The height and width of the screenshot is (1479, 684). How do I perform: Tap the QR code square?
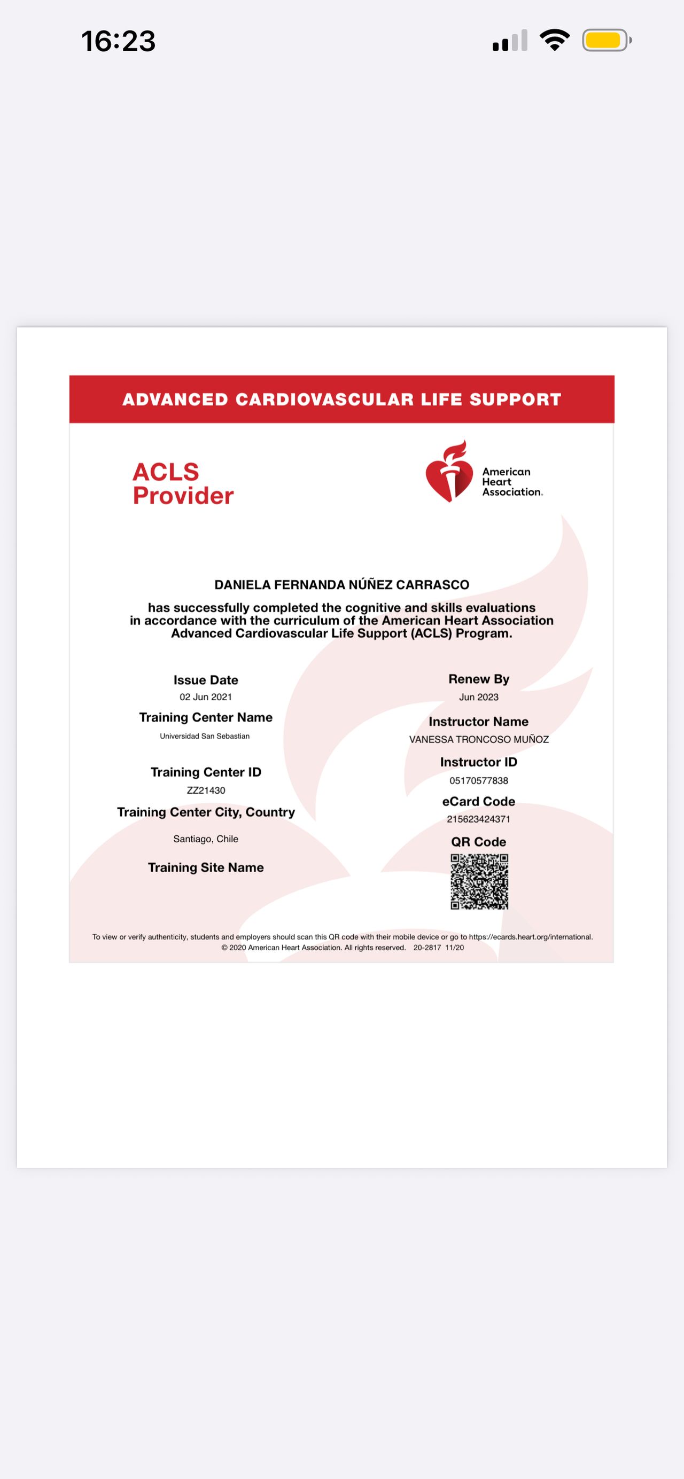[x=479, y=881]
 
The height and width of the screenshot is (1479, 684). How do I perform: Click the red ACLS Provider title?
[x=183, y=483]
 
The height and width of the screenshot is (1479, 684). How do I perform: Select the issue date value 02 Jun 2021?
[x=206, y=697]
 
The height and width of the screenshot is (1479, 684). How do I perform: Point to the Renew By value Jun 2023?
[x=478, y=697]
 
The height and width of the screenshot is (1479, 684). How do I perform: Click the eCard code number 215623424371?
[x=478, y=819]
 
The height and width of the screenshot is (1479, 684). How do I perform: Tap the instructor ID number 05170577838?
[x=478, y=781]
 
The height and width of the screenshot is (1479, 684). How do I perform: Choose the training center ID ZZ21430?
[x=206, y=791]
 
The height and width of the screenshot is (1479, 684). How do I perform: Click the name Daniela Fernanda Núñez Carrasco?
[x=341, y=585]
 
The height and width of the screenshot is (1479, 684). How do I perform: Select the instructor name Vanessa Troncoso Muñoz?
[x=478, y=739]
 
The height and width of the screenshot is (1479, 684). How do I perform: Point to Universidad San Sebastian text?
[x=205, y=736]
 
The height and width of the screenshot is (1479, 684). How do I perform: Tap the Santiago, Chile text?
[x=206, y=839]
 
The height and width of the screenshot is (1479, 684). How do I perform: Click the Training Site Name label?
[x=206, y=867]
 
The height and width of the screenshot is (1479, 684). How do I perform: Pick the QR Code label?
[x=478, y=842]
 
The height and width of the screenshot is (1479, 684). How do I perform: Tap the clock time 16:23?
[x=118, y=41]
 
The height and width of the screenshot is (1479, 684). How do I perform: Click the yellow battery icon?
[x=606, y=40]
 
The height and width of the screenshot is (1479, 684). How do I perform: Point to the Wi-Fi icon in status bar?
[x=554, y=40]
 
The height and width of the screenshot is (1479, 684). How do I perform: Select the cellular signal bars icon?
[x=509, y=41]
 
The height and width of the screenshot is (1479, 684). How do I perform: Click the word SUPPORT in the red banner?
[x=515, y=400]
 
